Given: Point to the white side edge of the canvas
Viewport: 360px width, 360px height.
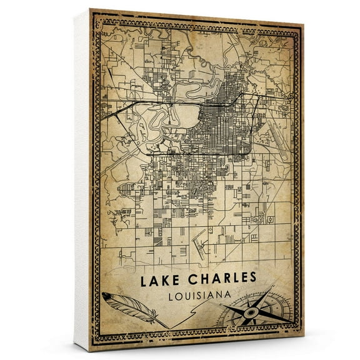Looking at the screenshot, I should point(81,181).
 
